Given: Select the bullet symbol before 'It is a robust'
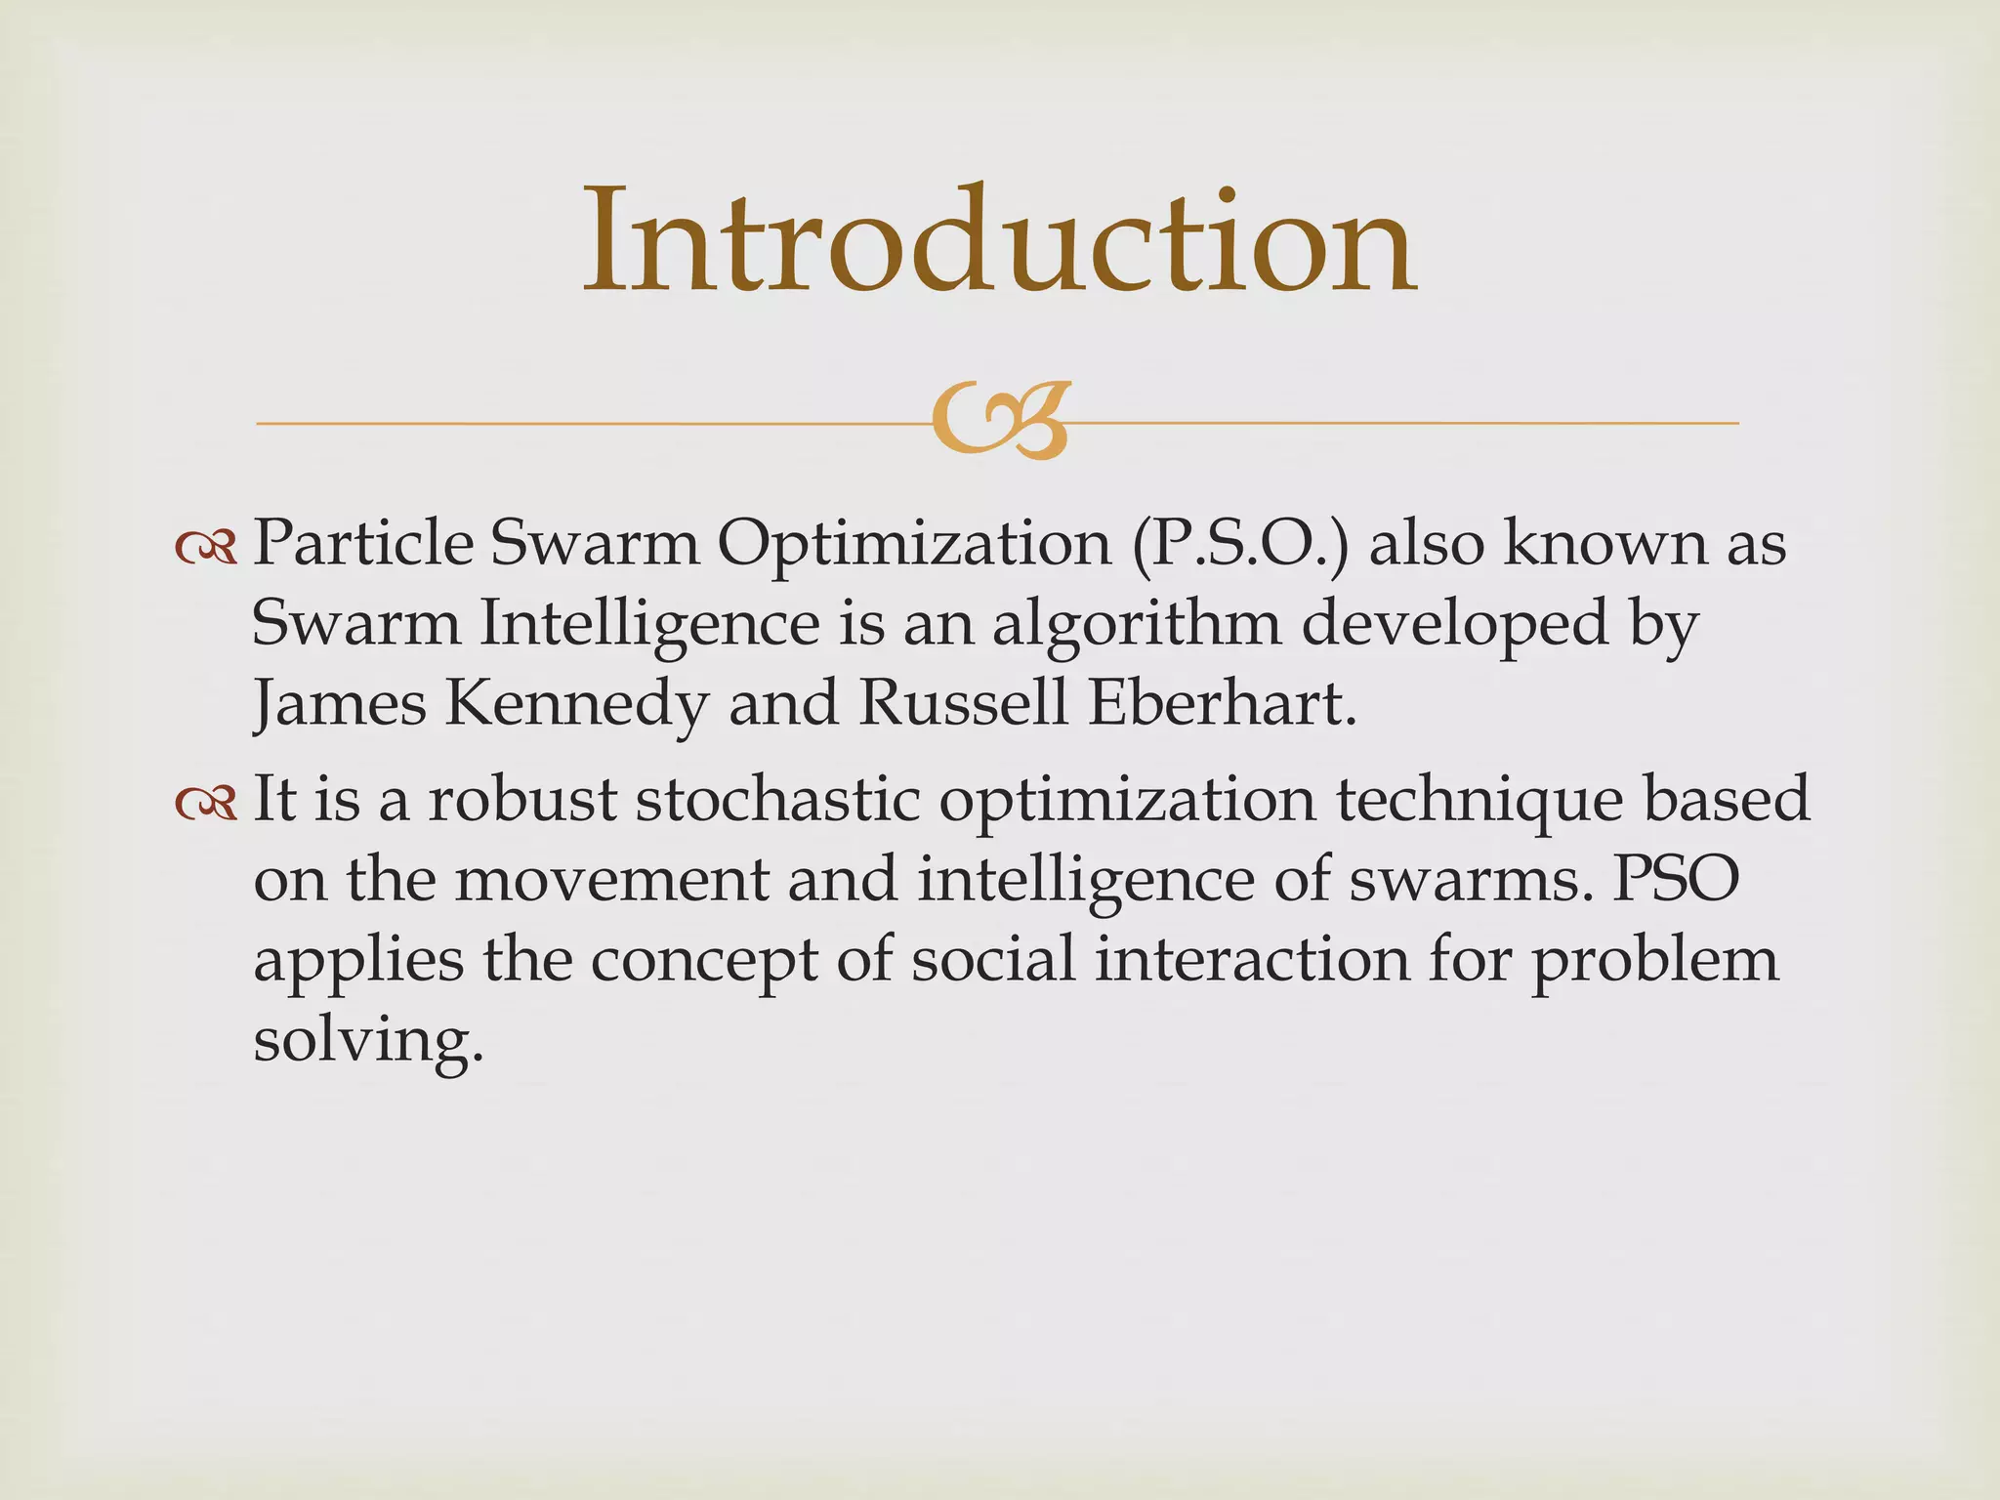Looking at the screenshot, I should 206,802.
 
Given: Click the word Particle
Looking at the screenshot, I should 363,543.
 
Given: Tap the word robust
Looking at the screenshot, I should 522,800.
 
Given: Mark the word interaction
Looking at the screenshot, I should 1252,960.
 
